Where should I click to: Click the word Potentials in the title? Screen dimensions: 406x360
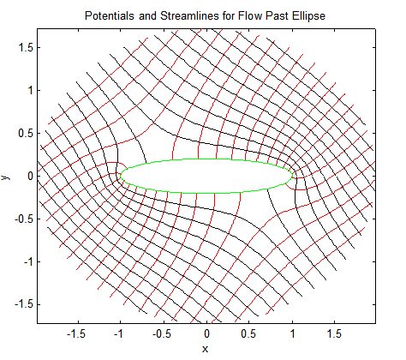[110, 15]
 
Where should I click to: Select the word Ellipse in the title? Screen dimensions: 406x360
[308, 15]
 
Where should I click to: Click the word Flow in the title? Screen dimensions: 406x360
[250, 15]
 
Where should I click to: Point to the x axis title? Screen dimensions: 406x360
[205, 349]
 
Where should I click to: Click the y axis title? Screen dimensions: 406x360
[6, 177]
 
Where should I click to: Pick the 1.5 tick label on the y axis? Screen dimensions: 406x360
[26, 48]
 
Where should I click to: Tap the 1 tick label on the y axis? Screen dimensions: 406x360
[30, 91]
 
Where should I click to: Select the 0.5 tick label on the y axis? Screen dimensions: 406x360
[26, 134]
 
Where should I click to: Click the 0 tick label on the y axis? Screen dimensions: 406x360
[30, 177]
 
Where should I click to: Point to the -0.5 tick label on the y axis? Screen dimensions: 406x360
[24, 219]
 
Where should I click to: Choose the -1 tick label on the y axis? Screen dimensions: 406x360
[28, 262]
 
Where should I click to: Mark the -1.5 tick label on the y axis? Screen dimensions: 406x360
[24, 305]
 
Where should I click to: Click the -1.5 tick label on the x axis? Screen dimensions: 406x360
[76, 333]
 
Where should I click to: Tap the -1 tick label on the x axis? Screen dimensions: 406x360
[118, 333]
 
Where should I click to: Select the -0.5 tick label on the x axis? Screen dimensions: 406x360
[162, 333]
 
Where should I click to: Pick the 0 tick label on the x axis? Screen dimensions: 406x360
[206, 333]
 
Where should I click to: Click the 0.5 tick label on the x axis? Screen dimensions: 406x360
[248, 333]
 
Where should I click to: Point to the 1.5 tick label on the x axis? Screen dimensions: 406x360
[334, 333]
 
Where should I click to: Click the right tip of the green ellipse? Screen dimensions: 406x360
[292, 176]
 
